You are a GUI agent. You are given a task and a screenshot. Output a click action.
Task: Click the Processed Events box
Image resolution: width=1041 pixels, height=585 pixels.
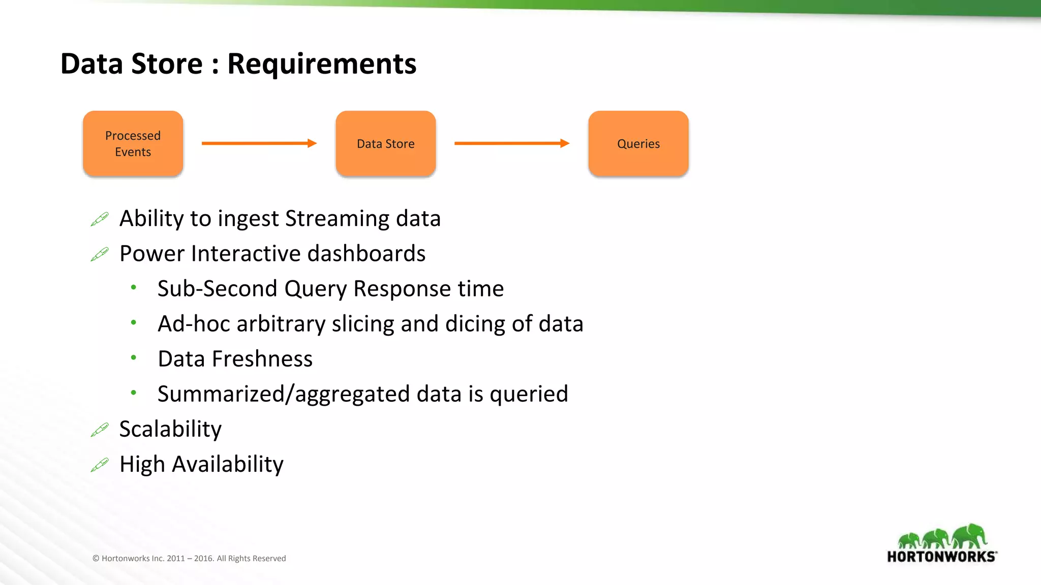click(x=133, y=144)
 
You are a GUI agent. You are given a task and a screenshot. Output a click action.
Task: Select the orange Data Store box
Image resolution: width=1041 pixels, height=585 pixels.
click(x=385, y=144)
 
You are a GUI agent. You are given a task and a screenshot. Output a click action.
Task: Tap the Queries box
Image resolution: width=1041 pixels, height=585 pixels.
click(x=638, y=144)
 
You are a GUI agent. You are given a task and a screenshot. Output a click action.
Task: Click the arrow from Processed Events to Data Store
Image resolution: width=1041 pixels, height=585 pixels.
click(x=259, y=143)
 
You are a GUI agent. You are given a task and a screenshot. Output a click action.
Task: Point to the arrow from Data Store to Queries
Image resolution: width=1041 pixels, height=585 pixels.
click(x=511, y=143)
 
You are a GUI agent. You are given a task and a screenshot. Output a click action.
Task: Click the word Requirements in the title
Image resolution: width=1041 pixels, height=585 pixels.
click(x=321, y=64)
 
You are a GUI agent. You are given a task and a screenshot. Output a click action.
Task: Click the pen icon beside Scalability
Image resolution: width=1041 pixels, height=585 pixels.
click(x=100, y=430)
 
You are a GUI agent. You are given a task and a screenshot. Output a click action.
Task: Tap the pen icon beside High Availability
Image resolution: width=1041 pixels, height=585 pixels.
click(x=100, y=465)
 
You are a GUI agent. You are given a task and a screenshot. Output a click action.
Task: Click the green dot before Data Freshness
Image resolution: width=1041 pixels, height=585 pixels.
click(x=133, y=357)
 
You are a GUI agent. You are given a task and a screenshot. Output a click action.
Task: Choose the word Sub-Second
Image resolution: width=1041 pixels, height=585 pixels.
click(x=217, y=289)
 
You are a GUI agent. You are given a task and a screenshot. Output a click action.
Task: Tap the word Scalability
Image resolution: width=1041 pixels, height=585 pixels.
click(x=170, y=430)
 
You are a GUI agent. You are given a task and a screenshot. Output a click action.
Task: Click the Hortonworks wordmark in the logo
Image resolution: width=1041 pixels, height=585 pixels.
click(x=941, y=557)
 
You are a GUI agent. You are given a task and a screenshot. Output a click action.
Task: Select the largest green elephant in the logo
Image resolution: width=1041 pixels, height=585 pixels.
click(x=970, y=536)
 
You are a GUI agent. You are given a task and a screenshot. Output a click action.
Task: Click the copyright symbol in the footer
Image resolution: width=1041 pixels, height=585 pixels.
click(x=96, y=559)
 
